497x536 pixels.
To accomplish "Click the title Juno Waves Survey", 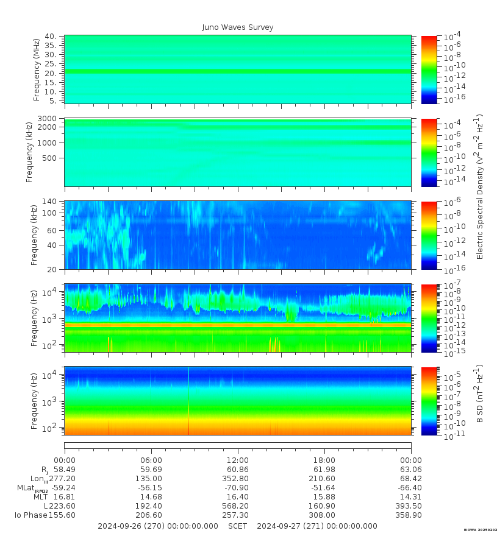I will (x=238, y=27).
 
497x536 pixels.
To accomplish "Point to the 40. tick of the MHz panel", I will (x=51, y=37).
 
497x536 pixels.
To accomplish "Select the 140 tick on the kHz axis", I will (x=49, y=202).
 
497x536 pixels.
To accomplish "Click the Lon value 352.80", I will (x=237, y=479).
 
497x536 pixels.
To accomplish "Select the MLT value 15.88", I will (x=324, y=497).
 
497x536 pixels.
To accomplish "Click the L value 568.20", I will (x=237, y=506).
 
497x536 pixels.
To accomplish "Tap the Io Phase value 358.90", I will (x=410, y=515).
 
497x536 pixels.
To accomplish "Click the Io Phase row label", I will (x=27, y=515).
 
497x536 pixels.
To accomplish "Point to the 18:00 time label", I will (x=324, y=460).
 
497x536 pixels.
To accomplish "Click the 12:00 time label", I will (x=237, y=460).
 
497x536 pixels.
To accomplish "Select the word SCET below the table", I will (x=237, y=526).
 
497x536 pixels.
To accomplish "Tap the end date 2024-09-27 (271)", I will (x=317, y=526).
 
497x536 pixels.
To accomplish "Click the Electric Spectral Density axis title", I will (x=480, y=186).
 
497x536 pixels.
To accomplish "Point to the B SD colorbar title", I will (x=480, y=394).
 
